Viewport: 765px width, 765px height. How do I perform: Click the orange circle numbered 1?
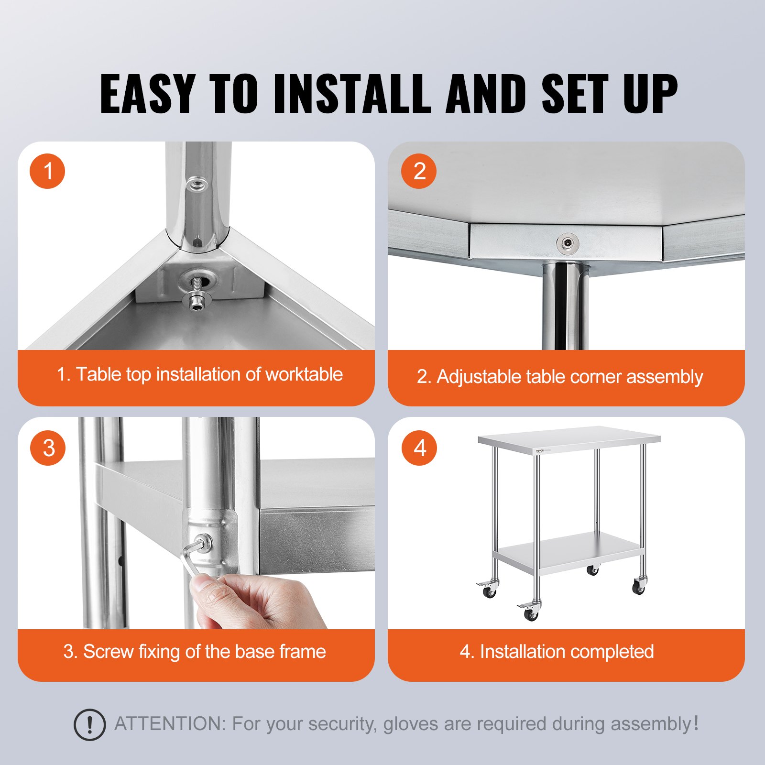[x=47, y=171]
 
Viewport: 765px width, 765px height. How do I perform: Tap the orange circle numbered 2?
[x=419, y=171]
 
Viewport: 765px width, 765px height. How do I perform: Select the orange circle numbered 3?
[x=47, y=448]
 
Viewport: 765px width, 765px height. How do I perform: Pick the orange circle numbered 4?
[x=419, y=448]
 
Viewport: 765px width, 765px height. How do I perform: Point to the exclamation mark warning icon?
[x=89, y=725]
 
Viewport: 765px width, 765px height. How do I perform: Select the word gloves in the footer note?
[x=411, y=724]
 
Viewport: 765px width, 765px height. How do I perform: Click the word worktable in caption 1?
[x=304, y=374]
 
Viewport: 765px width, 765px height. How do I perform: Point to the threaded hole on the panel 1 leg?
[x=196, y=184]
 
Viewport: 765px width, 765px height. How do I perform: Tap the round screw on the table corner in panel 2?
[x=568, y=243]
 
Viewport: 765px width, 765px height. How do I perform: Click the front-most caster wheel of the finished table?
[x=531, y=614]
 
